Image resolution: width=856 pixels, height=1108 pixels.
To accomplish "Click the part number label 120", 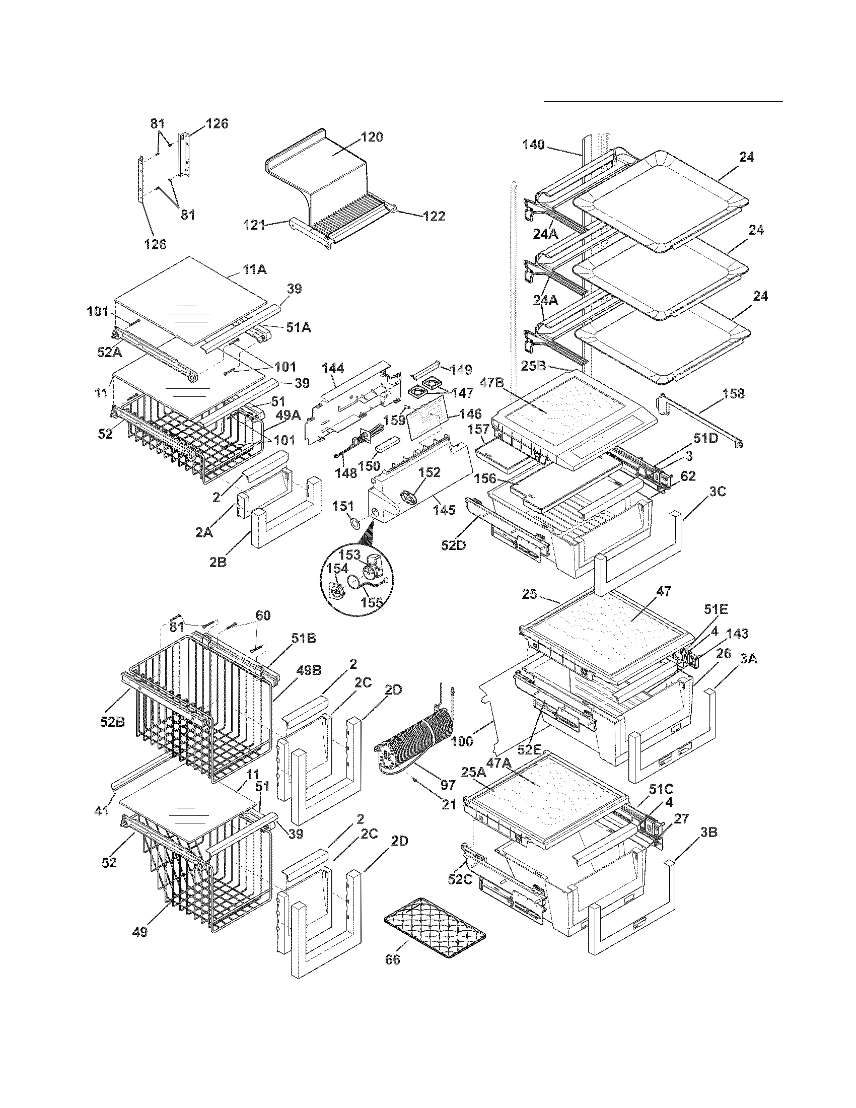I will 372,137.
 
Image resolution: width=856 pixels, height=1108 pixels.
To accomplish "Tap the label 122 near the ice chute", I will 434,217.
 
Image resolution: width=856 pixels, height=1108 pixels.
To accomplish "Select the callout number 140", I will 533,145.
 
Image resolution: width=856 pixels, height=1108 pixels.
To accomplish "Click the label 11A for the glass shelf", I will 254,269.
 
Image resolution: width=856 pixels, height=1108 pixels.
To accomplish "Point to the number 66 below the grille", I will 393,959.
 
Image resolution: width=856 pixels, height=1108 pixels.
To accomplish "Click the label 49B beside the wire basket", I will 309,670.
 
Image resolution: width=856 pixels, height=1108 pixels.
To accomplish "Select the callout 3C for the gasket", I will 718,492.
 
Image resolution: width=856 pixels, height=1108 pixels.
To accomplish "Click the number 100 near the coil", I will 461,742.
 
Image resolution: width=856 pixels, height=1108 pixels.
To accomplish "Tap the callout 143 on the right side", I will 737,634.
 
